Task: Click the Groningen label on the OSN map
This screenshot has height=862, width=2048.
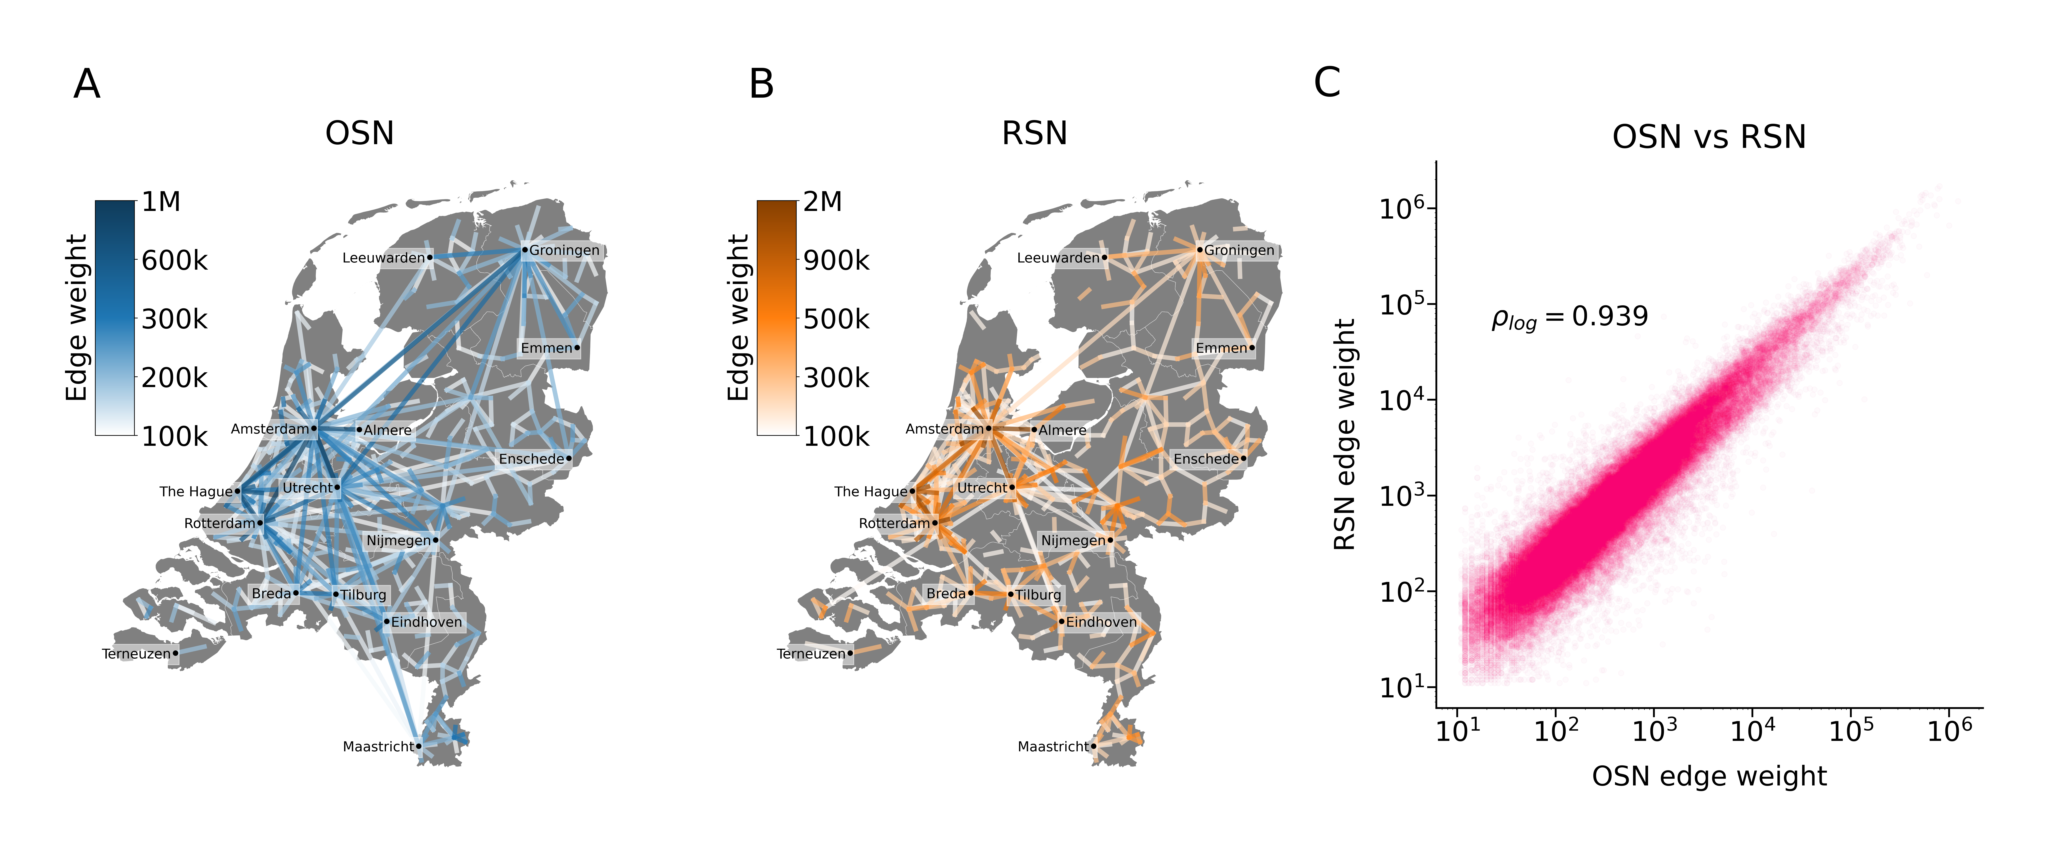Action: click(564, 251)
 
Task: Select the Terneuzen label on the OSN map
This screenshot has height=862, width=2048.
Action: click(136, 654)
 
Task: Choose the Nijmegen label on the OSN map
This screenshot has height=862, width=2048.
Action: click(398, 541)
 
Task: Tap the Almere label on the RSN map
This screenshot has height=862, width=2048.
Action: click(1062, 430)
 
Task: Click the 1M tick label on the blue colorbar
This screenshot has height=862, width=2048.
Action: click(161, 202)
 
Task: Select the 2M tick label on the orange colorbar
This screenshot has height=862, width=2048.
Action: click(823, 202)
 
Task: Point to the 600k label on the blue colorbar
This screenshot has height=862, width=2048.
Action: click(174, 261)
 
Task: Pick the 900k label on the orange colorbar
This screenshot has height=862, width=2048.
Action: click(836, 261)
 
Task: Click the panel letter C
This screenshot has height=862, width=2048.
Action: click(1327, 83)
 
